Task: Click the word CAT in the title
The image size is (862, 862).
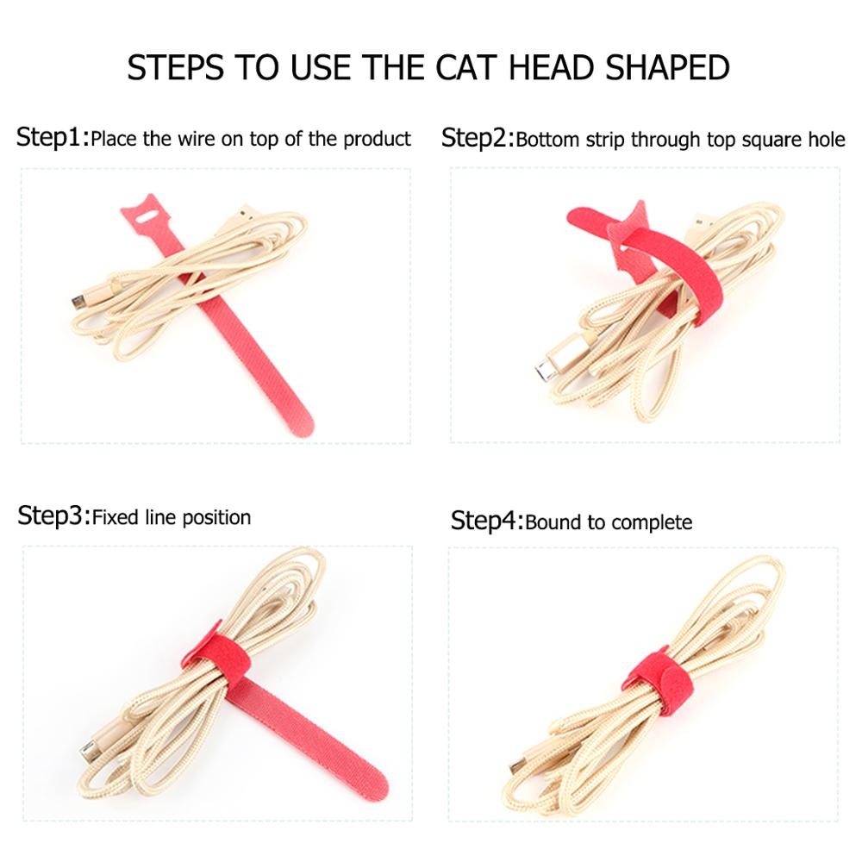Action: click(466, 67)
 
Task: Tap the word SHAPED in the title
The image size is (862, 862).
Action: click(667, 67)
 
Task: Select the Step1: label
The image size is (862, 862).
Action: click(53, 137)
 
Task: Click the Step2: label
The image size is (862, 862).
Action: click(478, 138)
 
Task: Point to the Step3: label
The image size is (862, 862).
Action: click(53, 516)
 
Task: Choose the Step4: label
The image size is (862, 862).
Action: click(487, 521)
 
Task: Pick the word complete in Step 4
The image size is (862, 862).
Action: click(651, 523)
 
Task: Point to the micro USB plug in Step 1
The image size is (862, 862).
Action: click(78, 302)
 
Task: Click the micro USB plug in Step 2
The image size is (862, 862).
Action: click(545, 370)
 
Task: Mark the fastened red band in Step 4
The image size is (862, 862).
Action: click(659, 682)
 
